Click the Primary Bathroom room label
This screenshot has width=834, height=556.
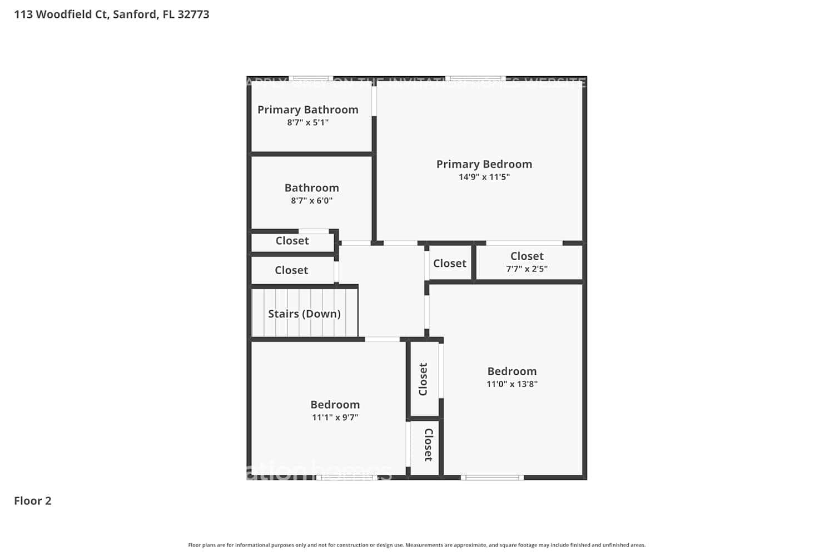click(307, 110)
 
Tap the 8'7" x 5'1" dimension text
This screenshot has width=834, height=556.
click(307, 122)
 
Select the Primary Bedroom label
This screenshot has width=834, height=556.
click(484, 164)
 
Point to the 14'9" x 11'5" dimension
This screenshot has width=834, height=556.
click(484, 177)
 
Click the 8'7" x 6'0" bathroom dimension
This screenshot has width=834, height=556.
click(311, 201)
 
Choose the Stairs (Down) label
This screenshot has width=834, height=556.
click(304, 314)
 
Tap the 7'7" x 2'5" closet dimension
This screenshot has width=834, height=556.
click(527, 269)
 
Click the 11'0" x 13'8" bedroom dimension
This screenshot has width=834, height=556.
click(512, 384)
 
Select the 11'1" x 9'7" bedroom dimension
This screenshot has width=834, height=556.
click(335, 417)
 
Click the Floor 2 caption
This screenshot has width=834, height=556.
click(33, 500)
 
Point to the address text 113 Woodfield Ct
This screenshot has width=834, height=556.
click(61, 14)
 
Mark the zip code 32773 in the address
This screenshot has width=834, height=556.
click(193, 14)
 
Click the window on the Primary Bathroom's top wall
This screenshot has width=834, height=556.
click(310, 78)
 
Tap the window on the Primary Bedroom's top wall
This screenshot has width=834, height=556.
click(475, 78)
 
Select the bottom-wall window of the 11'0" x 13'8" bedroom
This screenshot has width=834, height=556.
click(492, 477)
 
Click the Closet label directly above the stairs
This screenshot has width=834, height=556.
click(291, 270)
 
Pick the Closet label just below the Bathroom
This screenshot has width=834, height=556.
click(292, 241)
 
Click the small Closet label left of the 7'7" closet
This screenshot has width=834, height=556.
click(449, 264)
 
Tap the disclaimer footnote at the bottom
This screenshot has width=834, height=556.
click(417, 545)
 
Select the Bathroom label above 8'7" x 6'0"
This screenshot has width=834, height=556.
click(311, 188)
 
